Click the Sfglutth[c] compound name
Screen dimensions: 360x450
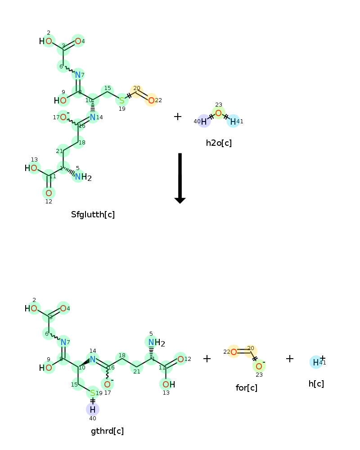(93, 214)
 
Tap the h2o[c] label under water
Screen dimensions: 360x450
(219, 143)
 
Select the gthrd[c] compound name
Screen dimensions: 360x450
(108, 431)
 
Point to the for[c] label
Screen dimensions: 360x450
(246, 388)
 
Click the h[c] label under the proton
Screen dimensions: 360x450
(316, 384)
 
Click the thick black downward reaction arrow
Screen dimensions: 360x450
(180, 178)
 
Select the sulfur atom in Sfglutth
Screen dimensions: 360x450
(122, 100)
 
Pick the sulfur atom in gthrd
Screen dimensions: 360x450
(92, 393)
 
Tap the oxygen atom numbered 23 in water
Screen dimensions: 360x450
(218, 113)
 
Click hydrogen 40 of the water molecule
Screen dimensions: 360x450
(204, 121)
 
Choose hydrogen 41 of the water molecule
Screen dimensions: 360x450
(233, 121)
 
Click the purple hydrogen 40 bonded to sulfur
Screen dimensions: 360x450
(92, 409)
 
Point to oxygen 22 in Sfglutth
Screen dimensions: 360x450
(151, 100)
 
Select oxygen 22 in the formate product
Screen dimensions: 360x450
(234, 352)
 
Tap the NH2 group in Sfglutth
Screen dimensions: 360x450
(83, 177)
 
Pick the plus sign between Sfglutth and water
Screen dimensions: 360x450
(178, 117)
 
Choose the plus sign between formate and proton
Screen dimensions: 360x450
(290, 359)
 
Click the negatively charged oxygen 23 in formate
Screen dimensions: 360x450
(259, 366)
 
